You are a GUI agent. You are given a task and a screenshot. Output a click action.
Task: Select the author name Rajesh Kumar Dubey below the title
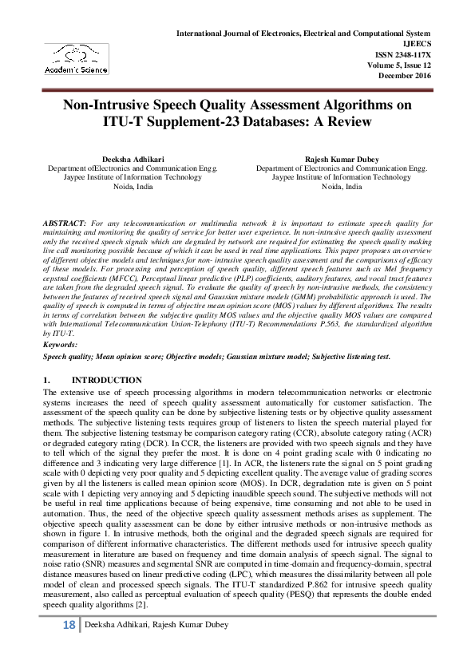342,160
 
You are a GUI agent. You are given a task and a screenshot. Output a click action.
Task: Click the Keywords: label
61,344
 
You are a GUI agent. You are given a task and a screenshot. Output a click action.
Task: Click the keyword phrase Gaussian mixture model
263,357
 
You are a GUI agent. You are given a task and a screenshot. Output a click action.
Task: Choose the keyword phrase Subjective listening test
352,357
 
